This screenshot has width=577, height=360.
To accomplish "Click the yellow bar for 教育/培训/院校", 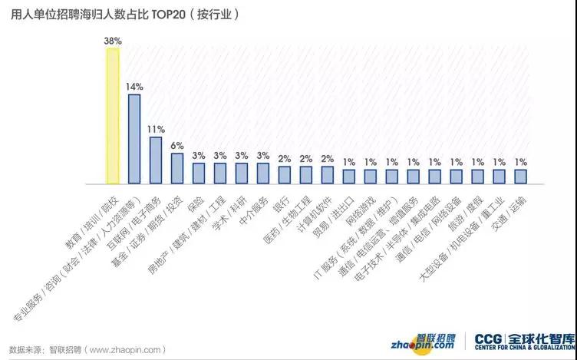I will pyautogui.click(x=113, y=116).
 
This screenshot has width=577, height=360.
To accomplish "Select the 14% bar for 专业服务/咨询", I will pyautogui.click(x=134, y=139).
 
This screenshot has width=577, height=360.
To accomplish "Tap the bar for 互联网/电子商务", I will pyautogui.click(x=156, y=160).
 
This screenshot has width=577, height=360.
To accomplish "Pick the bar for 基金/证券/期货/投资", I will pyautogui.click(x=177, y=169).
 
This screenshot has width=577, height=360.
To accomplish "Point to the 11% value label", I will pyautogui.click(x=156, y=130).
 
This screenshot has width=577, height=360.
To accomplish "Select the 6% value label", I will pyautogui.click(x=177, y=146).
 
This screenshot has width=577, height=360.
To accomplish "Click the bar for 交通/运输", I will pyautogui.click(x=521, y=177).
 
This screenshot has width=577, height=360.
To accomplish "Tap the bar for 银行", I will pyautogui.click(x=285, y=175).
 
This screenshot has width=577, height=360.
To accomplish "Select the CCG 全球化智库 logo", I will pyautogui.click(x=523, y=342).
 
